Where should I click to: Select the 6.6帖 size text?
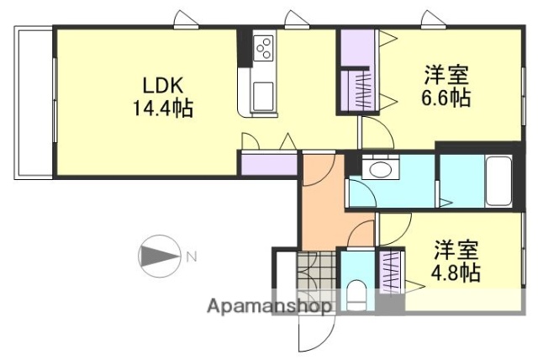446,98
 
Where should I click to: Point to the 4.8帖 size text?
456,273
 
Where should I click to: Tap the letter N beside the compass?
191,256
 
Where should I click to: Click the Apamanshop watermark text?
270,306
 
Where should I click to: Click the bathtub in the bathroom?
499,181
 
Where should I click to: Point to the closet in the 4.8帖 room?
392,271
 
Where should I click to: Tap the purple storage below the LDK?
269,163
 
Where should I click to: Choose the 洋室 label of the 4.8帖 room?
456,251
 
